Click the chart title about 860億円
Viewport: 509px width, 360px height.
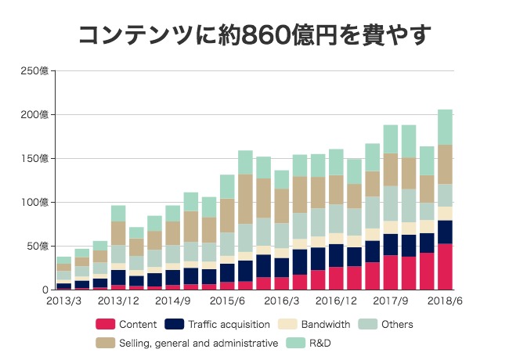pos(255,34)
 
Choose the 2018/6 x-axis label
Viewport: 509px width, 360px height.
pos(445,301)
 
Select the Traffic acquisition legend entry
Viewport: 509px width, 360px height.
pos(218,324)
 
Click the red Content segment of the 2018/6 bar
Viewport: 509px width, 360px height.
pos(445,267)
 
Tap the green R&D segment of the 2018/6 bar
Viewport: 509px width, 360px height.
pos(445,127)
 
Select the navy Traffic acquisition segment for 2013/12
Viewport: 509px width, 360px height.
pos(118,278)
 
